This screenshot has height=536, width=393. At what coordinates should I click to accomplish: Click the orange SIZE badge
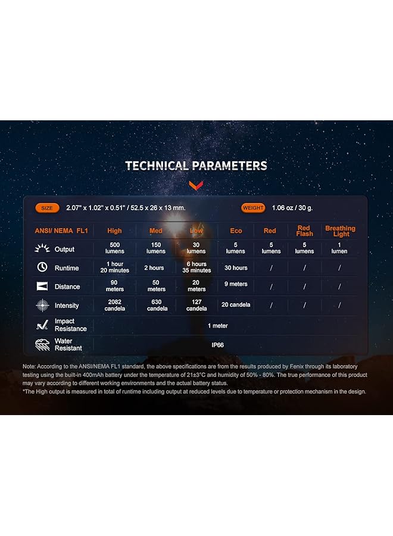[x=47, y=208]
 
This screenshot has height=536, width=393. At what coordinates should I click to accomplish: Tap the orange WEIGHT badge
[x=253, y=208]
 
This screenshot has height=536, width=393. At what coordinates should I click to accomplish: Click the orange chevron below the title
[x=196, y=186]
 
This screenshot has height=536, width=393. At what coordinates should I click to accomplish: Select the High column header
[x=114, y=230]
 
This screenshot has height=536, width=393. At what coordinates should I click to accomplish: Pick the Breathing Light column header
[x=341, y=231]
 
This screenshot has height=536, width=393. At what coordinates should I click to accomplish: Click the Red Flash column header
[x=304, y=230]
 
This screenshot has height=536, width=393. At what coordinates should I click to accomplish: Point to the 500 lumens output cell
[x=115, y=248]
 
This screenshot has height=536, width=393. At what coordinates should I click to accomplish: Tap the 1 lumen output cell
[x=339, y=248]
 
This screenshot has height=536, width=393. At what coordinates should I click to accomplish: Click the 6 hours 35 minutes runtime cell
[x=196, y=267]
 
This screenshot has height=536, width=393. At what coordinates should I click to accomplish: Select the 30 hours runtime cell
[x=236, y=268]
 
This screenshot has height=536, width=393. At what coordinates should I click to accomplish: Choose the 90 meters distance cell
[x=114, y=286]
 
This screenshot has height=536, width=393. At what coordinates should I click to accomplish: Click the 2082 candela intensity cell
[x=115, y=306]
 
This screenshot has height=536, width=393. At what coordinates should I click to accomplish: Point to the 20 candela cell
[x=236, y=304]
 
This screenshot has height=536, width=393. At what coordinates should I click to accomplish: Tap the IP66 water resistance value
[x=218, y=345]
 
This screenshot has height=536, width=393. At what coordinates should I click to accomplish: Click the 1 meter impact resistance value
[x=218, y=326]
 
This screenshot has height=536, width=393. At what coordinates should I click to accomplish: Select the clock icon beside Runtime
[x=42, y=267]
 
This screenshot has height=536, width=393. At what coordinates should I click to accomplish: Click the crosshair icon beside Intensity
[x=42, y=306]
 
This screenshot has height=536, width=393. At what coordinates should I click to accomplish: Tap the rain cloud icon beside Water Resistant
[x=42, y=345]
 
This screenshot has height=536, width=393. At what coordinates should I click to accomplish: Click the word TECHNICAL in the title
[x=158, y=166]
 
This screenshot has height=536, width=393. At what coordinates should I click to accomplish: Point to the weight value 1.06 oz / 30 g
[x=292, y=208]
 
